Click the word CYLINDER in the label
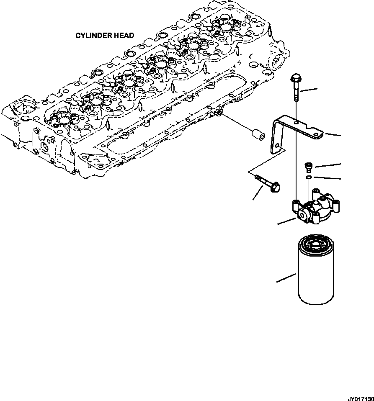tap(93, 36)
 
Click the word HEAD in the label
tap(124, 36)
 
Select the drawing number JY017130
tap(359, 396)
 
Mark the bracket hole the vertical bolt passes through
tap(296, 122)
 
